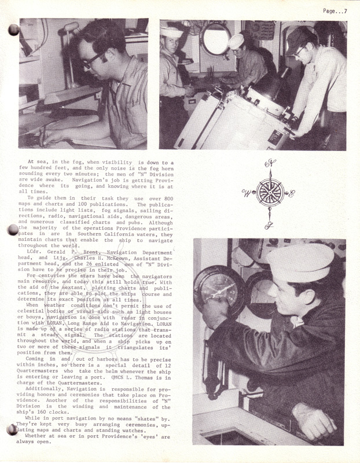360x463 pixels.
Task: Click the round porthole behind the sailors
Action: tap(215, 39)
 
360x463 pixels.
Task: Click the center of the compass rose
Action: tap(269, 193)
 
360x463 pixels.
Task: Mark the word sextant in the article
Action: tap(69, 288)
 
